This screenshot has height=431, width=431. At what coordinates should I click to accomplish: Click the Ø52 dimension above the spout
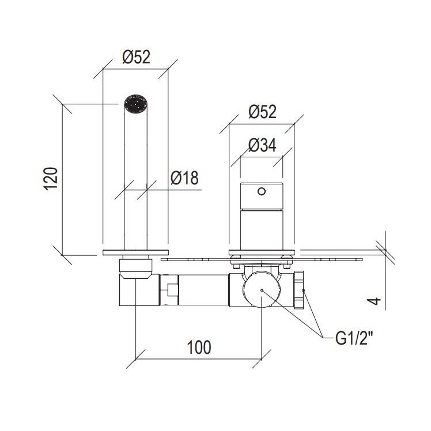pyautogui.click(x=137, y=57)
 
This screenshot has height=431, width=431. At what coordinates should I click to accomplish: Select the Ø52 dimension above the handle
pyautogui.click(x=263, y=112)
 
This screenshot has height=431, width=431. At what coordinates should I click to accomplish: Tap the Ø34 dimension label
pyautogui.click(x=262, y=145)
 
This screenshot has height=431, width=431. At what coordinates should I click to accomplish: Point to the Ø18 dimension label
pyautogui.click(x=184, y=178)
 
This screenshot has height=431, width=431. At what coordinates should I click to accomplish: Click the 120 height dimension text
pyautogui.click(x=51, y=179)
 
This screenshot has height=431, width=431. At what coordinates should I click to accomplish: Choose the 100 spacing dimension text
pyautogui.click(x=199, y=347)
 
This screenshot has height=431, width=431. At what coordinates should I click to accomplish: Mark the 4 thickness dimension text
pyautogui.click(x=374, y=301)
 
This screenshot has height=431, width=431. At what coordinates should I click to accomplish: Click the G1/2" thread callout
pyautogui.click(x=354, y=338)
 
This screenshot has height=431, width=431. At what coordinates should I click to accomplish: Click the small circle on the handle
pyautogui.click(x=262, y=191)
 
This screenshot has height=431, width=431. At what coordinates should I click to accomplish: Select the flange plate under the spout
pyautogui.click(x=135, y=252)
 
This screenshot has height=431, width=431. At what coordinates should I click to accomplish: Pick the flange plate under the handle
pyautogui.click(x=262, y=252)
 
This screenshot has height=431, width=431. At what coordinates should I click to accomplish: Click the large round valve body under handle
pyautogui.click(x=262, y=289)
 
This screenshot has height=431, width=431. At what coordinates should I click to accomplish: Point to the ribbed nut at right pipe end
pyautogui.click(x=299, y=290)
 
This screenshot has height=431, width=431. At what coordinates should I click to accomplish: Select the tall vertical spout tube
pyautogui.click(x=136, y=179)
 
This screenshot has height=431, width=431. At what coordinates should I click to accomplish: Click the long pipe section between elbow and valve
pyautogui.click(x=203, y=290)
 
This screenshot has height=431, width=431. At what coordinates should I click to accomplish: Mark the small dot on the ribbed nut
pyautogui.click(x=303, y=290)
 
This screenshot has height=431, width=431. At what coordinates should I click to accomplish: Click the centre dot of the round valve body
pyautogui.click(x=262, y=290)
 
